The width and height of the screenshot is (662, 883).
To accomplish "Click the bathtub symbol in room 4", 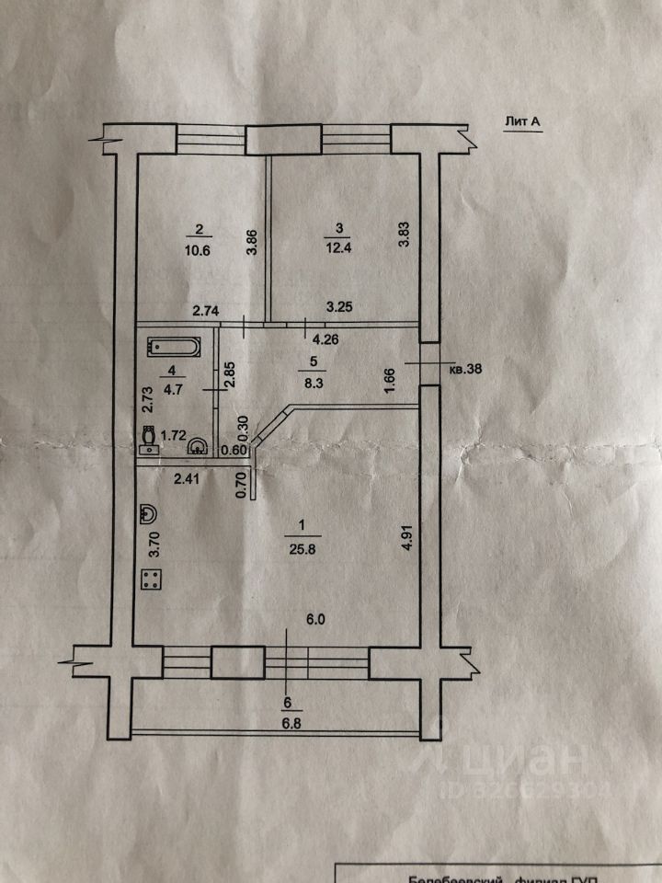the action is (x=173, y=349).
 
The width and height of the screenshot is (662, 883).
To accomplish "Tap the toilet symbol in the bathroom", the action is (x=149, y=441).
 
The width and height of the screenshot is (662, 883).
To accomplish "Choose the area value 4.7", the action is (x=173, y=386).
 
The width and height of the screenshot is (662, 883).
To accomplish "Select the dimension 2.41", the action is (x=188, y=477).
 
